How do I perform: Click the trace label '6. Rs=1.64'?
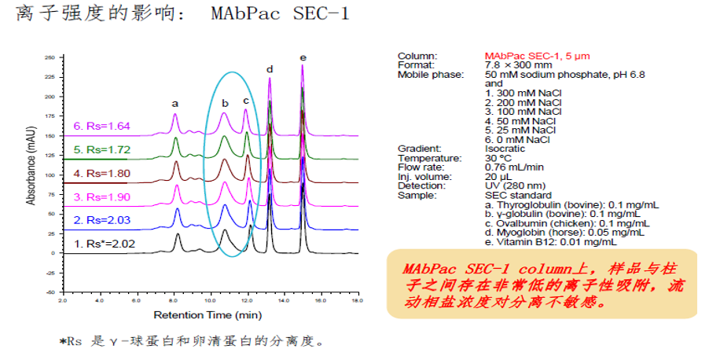point(102,126)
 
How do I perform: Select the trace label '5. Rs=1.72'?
point(102,149)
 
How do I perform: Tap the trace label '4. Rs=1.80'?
point(102,173)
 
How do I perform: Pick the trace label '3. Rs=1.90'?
point(102,197)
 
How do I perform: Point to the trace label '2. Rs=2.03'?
point(102,219)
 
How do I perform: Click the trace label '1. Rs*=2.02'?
point(105,244)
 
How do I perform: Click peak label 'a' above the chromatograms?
point(175,103)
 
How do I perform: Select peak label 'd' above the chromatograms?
point(270,69)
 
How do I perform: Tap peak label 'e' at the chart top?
point(303,57)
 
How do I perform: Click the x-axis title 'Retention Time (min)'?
point(208,315)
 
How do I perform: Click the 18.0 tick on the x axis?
point(358,301)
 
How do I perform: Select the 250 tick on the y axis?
point(49,58)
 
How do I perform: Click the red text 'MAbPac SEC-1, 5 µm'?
point(538,56)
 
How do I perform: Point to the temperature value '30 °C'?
point(498,157)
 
